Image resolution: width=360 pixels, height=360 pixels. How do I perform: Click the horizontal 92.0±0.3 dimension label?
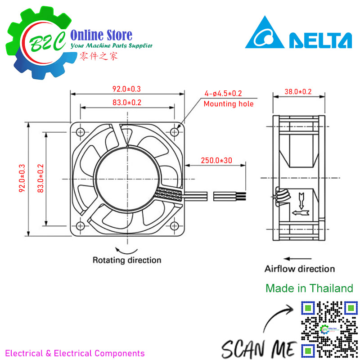127,89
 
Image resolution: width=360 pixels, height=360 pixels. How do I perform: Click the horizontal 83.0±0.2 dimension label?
127,103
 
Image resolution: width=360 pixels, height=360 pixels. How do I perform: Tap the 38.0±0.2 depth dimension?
298,91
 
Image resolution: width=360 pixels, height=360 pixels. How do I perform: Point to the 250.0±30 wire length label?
216,161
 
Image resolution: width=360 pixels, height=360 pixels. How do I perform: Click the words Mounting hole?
229,104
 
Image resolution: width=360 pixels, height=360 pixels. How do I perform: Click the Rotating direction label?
127,260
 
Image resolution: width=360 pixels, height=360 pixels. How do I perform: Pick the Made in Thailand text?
309,288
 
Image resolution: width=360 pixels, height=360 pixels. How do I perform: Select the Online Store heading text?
102,35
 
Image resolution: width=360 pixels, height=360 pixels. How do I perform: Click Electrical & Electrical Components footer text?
75,353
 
